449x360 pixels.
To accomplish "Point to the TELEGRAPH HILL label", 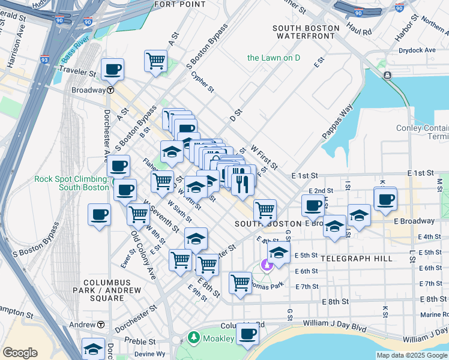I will click(x=357, y=259).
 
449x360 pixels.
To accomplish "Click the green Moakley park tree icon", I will click(x=193, y=338).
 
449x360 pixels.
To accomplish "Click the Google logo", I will click(x=20, y=352).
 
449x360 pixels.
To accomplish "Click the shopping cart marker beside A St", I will click(x=155, y=61).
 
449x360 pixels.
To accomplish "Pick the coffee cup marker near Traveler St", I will click(x=112, y=69).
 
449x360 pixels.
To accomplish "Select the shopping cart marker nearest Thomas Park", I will click(x=240, y=283).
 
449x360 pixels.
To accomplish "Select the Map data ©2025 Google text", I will click(x=411, y=355).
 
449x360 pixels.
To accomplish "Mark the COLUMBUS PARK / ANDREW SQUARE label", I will click(x=112, y=286).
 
